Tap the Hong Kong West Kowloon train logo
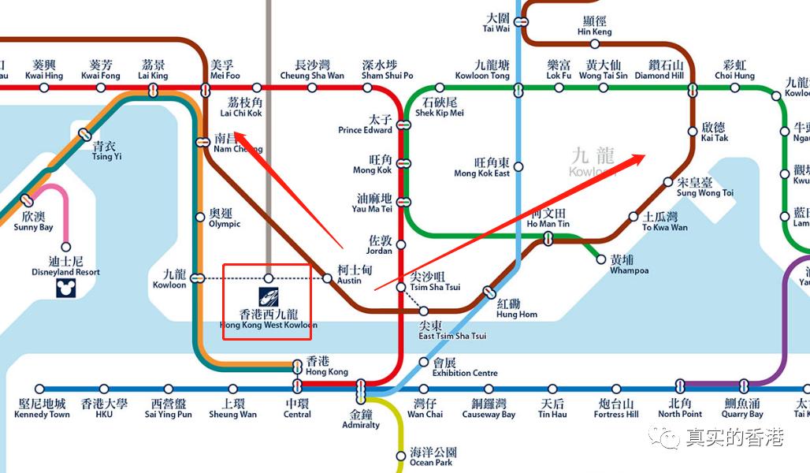point(269,299)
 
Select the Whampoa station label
point(629,265)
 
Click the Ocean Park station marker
point(400,456)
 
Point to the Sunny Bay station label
point(33,222)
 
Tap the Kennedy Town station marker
point(39,389)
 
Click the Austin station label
point(349,274)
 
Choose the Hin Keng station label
point(594,27)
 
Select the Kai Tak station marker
point(693,131)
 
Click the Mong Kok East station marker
point(518,166)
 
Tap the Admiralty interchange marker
point(361,389)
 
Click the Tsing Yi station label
point(106,151)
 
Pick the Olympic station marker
point(199,217)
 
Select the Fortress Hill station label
point(615,408)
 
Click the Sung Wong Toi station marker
point(668,181)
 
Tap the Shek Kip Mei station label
point(440,108)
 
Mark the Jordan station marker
point(400,244)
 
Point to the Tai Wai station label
point(496,22)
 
